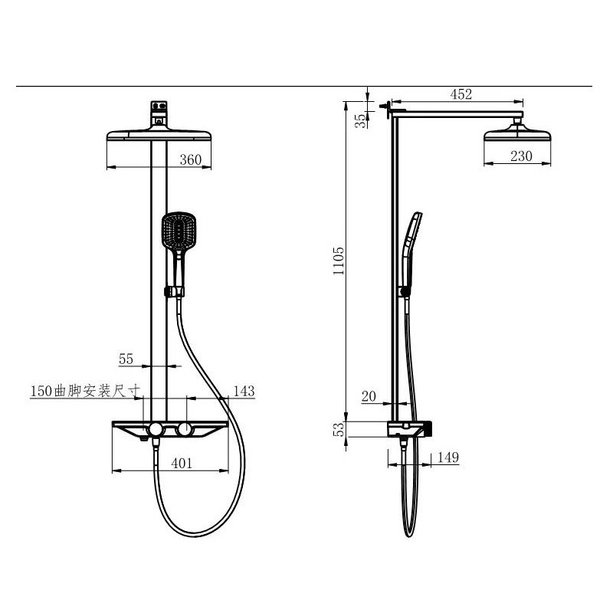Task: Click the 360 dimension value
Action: coord(190,159)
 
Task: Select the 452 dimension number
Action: coord(461,94)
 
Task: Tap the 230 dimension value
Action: coord(521,156)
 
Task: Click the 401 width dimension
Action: coord(181,463)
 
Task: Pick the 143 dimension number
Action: coord(243,392)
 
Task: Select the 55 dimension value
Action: coord(126,358)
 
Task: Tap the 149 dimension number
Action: coord(447,457)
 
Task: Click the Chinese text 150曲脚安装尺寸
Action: coord(84,392)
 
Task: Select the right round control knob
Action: coord(184,428)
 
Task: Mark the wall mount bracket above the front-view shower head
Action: coord(159,113)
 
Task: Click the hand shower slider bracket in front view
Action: coord(175,291)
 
